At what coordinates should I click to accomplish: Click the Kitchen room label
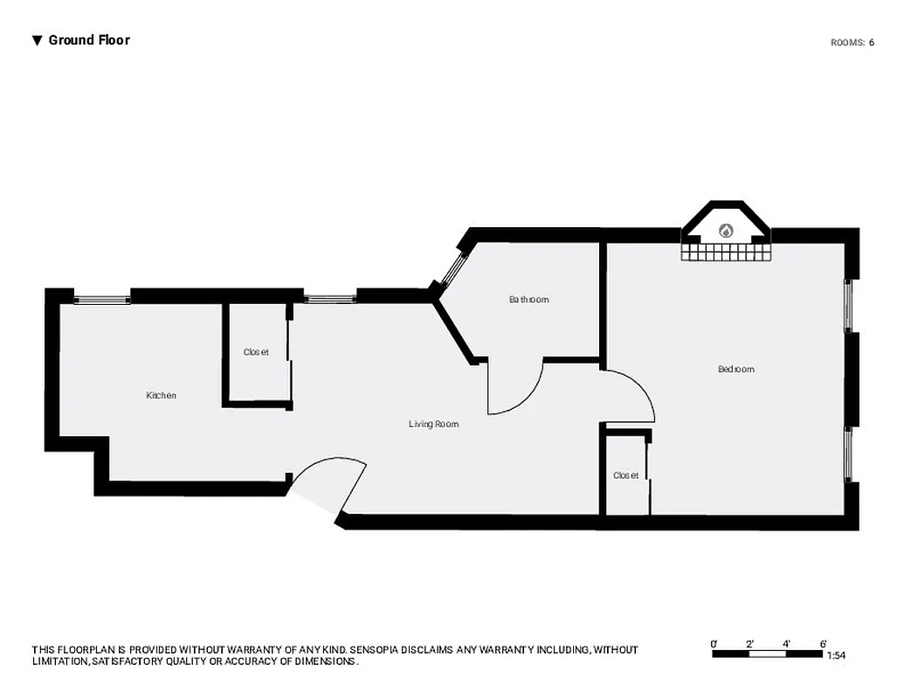(x=161, y=396)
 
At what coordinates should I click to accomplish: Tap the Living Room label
(x=433, y=425)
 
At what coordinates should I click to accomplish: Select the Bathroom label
(x=529, y=300)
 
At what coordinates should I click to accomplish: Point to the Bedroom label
(x=735, y=370)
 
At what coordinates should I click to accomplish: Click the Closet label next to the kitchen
(x=256, y=352)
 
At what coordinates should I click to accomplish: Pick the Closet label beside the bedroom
(x=625, y=475)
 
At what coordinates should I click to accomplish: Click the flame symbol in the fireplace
(x=725, y=232)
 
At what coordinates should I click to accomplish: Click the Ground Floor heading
(x=88, y=40)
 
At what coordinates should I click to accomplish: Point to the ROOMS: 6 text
(x=852, y=42)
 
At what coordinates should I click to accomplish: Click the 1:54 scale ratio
(x=836, y=654)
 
